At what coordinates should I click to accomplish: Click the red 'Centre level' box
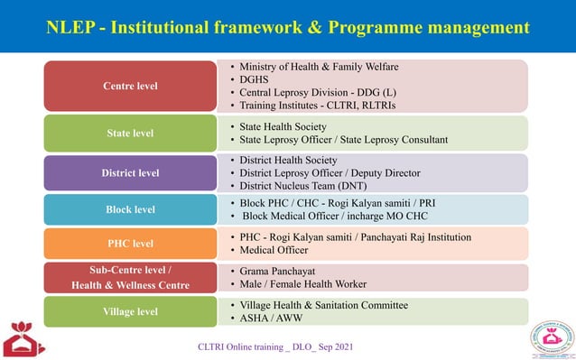(130, 86)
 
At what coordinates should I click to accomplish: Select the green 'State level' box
(130, 133)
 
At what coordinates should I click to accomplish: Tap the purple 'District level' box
(130, 172)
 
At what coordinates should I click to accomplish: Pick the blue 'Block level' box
(130, 209)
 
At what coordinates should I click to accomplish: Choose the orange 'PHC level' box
(130, 244)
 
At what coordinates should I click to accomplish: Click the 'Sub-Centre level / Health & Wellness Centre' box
(130, 278)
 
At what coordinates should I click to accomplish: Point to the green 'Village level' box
(130, 311)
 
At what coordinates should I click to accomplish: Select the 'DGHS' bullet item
(255, 79)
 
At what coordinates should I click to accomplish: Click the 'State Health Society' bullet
(283, 126)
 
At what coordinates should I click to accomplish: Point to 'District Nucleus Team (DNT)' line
(302, 186)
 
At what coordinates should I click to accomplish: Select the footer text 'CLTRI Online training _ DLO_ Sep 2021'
(275, 347)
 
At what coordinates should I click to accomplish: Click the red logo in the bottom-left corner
(23, 339)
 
